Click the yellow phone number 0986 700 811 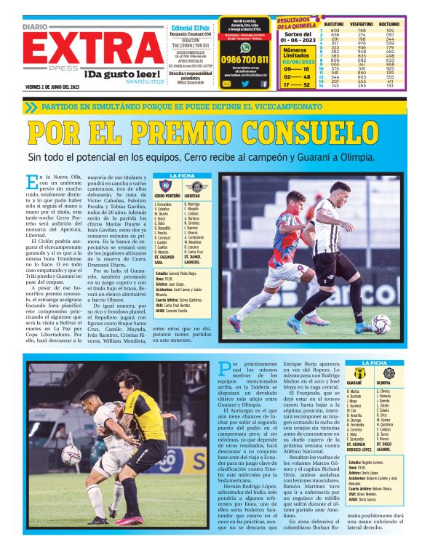click(244, 59)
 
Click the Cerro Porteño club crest click(165, 187)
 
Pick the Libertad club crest click(194, 187)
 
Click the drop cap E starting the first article click(31, 182)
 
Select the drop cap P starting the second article click(225, 367)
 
